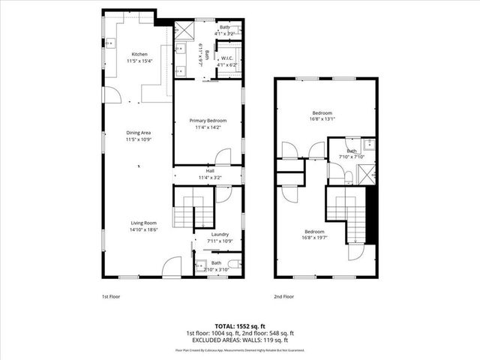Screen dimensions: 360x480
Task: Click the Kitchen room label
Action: coord(139,54)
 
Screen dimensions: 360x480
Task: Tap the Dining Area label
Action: coord(139,133)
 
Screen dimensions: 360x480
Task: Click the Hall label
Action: coord(210,171)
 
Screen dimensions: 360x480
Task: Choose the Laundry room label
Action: coord(220,234)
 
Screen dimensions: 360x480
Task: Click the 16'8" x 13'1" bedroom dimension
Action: coord(324,118)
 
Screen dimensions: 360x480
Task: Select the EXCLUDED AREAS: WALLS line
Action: coord(240,339)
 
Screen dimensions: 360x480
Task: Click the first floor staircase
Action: coord(184,210)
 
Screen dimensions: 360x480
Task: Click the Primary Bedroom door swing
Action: coord(223,156)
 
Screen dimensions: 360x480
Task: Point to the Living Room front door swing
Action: coord(172,265)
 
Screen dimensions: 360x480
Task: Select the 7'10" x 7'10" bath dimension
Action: coord(350,157)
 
